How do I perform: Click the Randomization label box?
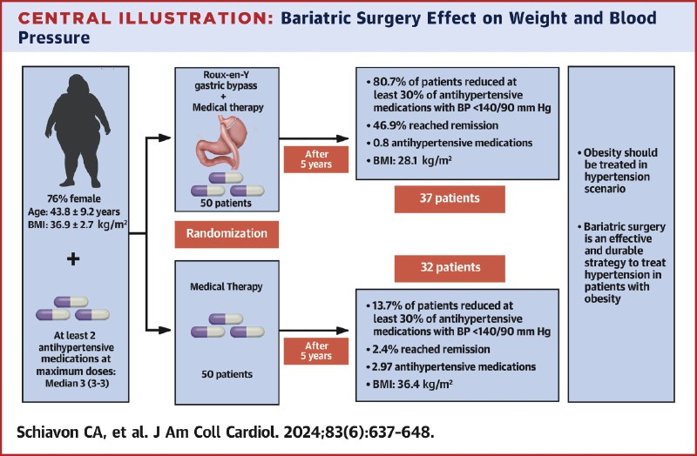point(227,234)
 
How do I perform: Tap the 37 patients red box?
point(450,198)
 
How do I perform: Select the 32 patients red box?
point(450,268)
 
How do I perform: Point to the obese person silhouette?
point(78,131)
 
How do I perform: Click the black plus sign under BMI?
point(73,258)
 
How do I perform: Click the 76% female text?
point(74,199)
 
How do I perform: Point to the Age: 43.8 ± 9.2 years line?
point(74,211)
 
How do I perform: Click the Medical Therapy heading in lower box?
point(227,287)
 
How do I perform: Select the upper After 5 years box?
point(316,159)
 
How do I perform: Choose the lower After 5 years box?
point(316,352)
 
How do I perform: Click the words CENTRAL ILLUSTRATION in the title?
point(145,18)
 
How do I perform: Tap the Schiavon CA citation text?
point(226,433)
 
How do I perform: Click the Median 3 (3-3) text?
point(78,383)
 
